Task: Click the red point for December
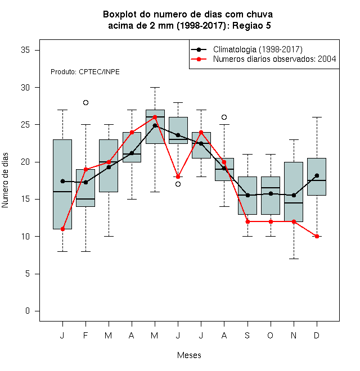click(317, 236)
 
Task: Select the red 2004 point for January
click(63, 229)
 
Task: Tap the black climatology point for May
click(155, 126)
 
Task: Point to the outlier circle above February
click(85, 103)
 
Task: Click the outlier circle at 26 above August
click(224, 117)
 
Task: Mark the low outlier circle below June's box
click(178, 184)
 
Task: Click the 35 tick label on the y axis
click(25, 50)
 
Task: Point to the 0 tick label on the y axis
click(28, 311)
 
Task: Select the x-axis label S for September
click(247, 335)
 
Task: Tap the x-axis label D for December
click(317, 335)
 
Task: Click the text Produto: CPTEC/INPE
click(85, 72)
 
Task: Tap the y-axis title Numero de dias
click(5, 180)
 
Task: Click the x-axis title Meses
click(189, 355)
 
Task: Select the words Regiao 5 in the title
click(251, 25)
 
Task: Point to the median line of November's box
click(294, 203)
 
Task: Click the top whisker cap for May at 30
click(155, 87)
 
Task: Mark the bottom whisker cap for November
click(294, 259)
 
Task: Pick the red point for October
click(271, 221)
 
